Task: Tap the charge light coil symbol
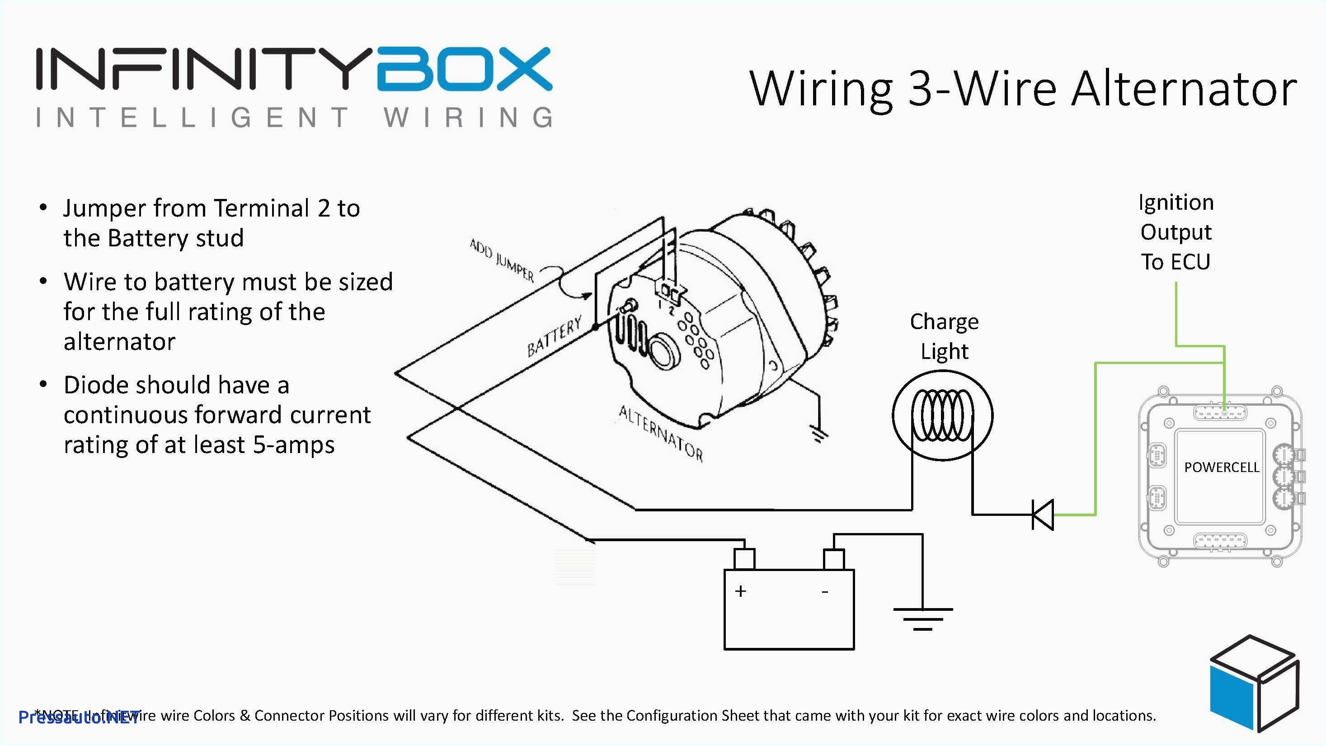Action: coord(942,415)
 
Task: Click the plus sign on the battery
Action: coord(740,591)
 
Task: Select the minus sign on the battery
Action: coord(825,592)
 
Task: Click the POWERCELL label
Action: coord(1221,467)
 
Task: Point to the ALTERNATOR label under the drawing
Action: coord(660,433)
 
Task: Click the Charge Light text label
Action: coord(944,336)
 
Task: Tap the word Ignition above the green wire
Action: coord(1176,203)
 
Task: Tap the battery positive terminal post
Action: coord(744,559)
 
